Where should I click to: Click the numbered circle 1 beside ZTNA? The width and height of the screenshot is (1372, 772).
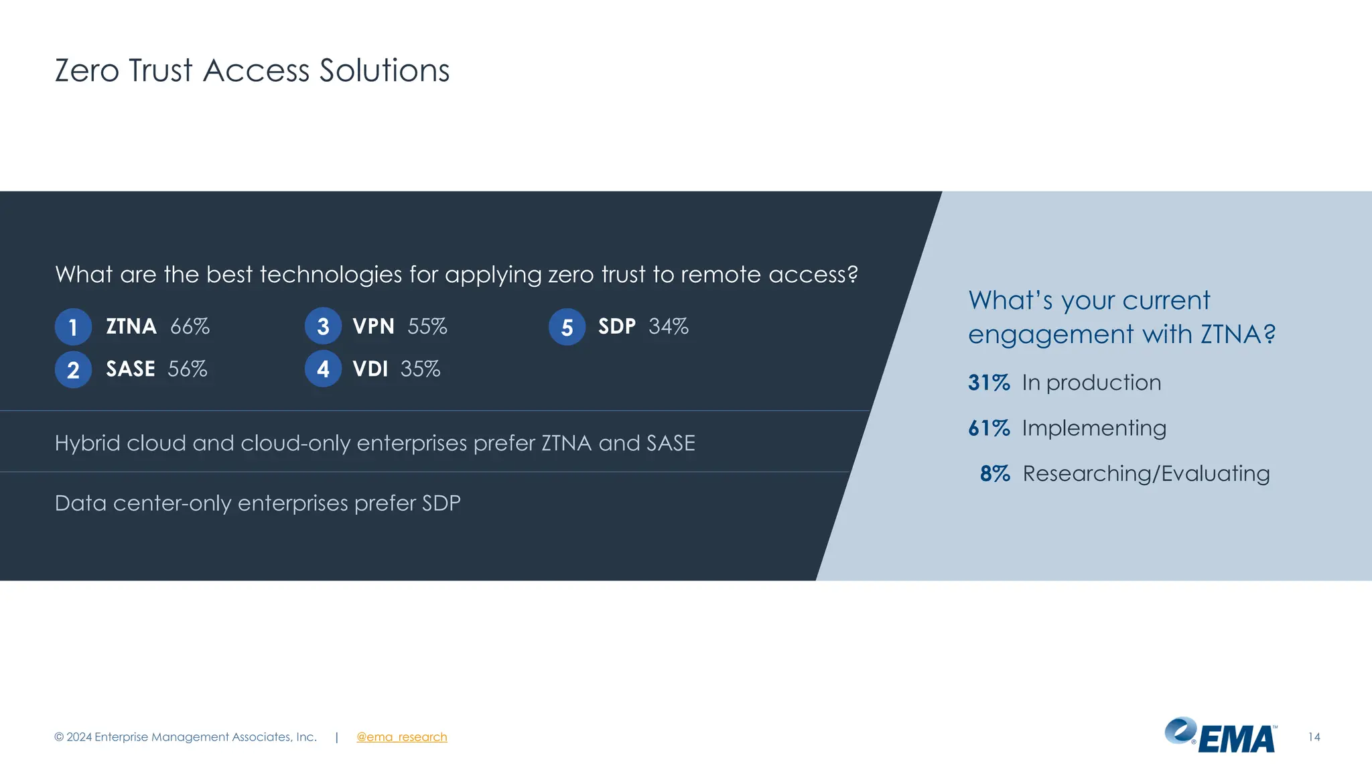tap(73, 327)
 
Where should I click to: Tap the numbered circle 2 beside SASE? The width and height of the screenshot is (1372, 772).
tap(73, 369)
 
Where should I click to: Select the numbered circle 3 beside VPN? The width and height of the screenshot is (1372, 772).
tap(323, 326)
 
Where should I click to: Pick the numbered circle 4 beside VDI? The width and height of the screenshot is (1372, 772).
tap(323, 369)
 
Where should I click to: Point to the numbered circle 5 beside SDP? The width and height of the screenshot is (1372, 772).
tap(567, 327)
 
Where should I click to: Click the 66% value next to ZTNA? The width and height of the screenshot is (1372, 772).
tap(190, 326)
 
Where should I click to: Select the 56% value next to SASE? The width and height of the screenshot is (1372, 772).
tap(188, 369)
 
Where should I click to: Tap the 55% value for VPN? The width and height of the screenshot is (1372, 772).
tap(427, 326)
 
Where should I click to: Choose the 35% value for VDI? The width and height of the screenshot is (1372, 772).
tap(421, 369)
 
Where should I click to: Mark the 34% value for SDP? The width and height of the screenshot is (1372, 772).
tap(669, 326)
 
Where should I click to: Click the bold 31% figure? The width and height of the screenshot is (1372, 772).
tap(989, 383)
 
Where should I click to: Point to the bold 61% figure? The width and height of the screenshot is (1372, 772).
tap(989, 428)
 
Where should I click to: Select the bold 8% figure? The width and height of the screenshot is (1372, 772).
tap(995, 474)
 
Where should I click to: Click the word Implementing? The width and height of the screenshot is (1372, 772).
tap(1094, 428)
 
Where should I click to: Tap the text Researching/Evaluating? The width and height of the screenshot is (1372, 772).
tap(1146, 474)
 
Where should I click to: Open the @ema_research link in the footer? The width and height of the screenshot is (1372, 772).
tap(401, 737)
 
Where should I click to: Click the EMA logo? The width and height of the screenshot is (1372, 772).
tap(1221, 736)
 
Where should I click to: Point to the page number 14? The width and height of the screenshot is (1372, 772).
tap(1314, 737)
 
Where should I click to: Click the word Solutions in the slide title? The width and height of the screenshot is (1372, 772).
tap(385, 70)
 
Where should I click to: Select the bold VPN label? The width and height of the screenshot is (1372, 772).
tap(373, 326)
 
